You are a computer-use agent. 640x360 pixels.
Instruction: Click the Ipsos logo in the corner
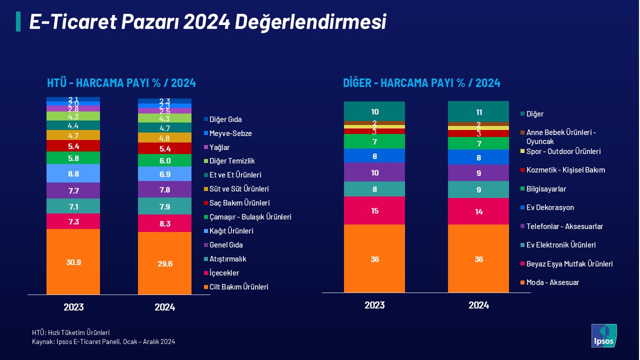point(604,335)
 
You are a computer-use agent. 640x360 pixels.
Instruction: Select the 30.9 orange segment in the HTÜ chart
point(73,262)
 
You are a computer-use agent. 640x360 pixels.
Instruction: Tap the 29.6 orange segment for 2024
point(164,263)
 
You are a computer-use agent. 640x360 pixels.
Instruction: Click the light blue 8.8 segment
point(73,173)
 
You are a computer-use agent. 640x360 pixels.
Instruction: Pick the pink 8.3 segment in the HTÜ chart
point(164,223)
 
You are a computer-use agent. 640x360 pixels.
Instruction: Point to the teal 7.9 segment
point(164,206)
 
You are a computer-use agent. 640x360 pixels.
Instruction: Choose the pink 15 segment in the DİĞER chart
point(374,210)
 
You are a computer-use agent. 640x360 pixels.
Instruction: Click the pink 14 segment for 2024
point(478,211)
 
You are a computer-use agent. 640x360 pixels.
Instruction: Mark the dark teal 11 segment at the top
point(478,111)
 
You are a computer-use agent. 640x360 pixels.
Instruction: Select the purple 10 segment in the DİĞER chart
point(374,172)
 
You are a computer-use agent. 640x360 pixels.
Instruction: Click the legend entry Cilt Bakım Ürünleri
point(239,287)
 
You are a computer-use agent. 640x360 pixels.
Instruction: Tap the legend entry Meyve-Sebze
point(230,133)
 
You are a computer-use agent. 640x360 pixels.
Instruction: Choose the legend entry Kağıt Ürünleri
point(231,231)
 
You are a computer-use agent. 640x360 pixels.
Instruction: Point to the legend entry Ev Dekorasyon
point(550,207)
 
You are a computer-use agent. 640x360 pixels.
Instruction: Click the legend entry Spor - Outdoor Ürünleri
point(563,151)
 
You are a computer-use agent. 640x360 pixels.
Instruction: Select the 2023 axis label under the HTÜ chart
point(73,307)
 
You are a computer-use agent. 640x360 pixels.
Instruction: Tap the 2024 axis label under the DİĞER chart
point(478,305)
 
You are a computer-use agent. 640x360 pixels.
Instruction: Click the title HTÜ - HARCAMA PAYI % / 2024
point(121,83)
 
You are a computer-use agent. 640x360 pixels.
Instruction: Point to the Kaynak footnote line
point(103,341)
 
